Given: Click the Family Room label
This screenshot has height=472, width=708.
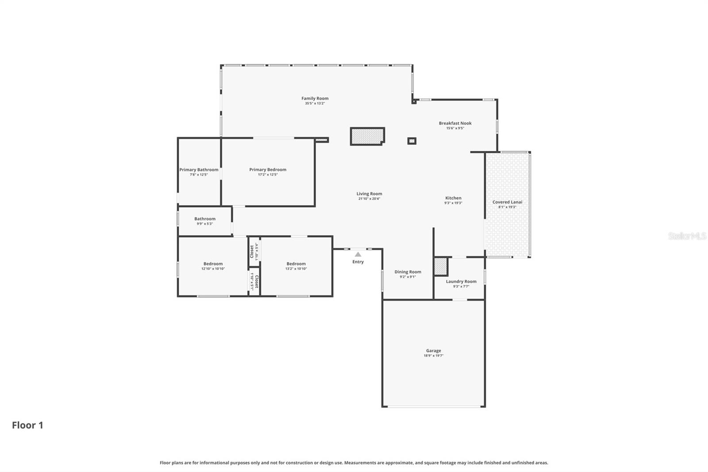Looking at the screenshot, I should point(315,98).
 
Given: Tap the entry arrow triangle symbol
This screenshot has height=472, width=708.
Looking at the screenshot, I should point(358,255).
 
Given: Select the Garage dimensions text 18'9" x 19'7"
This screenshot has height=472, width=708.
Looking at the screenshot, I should point(433,356).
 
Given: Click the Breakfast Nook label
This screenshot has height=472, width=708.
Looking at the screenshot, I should point(455,123).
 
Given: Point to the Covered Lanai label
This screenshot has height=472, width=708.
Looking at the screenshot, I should point(507,202).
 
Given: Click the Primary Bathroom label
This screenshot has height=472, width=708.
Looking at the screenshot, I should point(199,170).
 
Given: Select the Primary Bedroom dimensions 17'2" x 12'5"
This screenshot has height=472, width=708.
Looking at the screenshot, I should point(268,174).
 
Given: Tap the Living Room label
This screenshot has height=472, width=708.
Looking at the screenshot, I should point(369,193).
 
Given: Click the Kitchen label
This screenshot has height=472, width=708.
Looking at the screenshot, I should point(453,198).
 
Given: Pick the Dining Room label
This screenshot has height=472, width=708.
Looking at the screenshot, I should point(408,272).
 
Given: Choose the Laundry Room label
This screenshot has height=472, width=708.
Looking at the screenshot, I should point(461,281).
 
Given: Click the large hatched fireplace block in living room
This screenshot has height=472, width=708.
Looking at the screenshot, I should point(367,136).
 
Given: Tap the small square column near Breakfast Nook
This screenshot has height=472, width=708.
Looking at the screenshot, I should point(412,141).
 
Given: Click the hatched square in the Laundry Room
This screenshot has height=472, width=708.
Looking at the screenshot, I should point(441,267).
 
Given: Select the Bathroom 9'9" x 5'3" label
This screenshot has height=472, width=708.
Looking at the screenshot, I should point(205,219).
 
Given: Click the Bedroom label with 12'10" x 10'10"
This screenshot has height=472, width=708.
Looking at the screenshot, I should point(213,263).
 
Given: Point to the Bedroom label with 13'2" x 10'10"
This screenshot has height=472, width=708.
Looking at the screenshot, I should point(296,263).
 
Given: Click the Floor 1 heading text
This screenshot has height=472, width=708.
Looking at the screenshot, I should point(27,425).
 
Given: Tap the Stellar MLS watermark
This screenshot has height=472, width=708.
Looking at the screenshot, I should point(687,236).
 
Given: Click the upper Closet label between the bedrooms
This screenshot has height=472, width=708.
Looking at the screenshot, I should point(252,251).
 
